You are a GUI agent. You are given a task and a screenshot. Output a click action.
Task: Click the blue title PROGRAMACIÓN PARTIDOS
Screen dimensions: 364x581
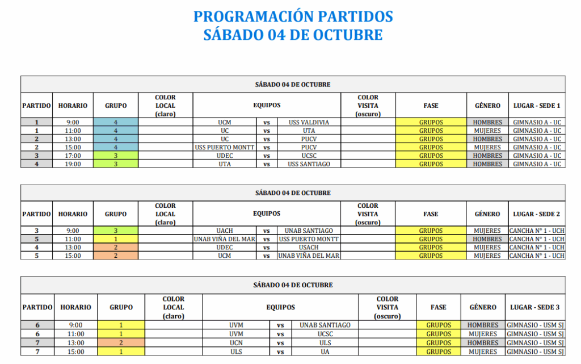tap(293, 16)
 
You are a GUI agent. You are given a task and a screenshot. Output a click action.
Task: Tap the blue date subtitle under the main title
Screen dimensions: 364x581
tap(293, 35)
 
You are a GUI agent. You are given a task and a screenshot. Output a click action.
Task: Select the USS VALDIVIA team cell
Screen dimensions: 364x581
tap(309, 122)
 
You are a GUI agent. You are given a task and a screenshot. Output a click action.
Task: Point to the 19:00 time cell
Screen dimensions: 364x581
tap(73, 164)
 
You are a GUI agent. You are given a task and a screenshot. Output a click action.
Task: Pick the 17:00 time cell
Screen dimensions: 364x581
tap(73, 156)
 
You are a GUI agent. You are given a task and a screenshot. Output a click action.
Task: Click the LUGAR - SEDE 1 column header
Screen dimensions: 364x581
tap(537, 106)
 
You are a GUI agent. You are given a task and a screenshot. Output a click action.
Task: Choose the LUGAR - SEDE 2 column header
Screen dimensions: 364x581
tap(537, 214)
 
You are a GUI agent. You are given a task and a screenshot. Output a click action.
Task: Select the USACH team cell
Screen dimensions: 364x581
tap(309, 248)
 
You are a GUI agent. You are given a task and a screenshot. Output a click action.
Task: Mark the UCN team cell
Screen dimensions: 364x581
tap(236, 343)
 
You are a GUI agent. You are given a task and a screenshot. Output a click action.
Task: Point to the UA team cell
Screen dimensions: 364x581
tap(325, 352)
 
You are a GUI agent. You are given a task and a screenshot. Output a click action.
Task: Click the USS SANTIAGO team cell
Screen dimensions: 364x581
tap(309, 164)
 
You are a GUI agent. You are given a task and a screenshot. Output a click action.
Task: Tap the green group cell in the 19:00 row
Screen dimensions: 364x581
tap(116, 164)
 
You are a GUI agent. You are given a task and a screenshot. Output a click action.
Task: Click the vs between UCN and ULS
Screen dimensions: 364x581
tap(280, 343)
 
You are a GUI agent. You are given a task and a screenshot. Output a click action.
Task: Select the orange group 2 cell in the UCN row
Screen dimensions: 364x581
tap(121, 343)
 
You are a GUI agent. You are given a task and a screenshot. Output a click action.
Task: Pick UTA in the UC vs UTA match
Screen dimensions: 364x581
tap(309, 131)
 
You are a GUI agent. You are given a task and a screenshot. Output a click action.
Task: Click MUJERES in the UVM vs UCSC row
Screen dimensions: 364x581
tap(482, 334)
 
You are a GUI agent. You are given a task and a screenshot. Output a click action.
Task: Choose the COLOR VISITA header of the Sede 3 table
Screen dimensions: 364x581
tap(388, 307)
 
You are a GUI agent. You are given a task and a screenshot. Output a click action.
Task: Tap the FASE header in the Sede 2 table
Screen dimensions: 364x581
tap(431, 214)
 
